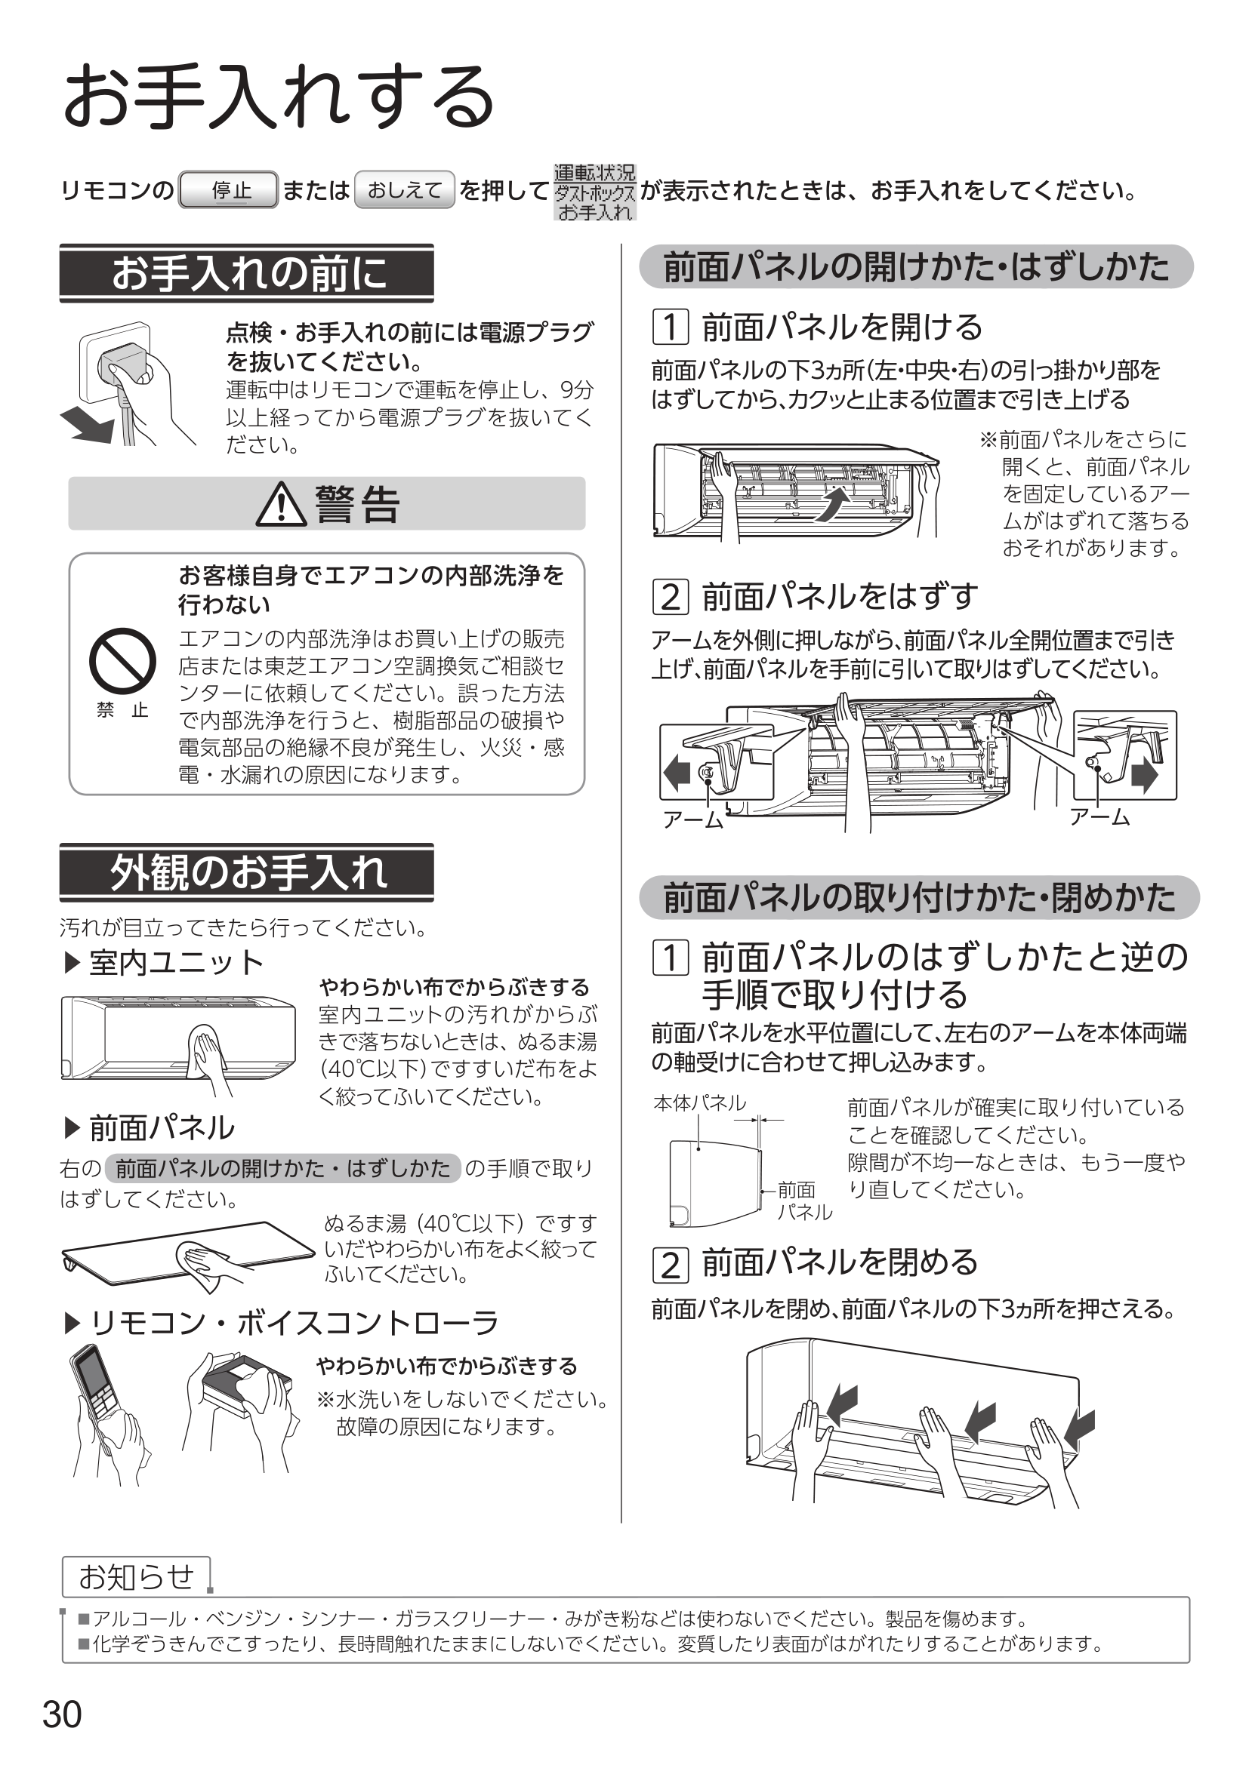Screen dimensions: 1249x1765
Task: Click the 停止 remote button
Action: coord(227,190)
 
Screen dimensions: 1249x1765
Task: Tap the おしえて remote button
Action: coord(405,190)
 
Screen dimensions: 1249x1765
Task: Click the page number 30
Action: coord(62,1714)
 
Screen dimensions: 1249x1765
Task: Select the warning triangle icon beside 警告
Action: coord(281,504)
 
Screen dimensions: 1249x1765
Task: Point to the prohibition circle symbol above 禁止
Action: coord(122,661)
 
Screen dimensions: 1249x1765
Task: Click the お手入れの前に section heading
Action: coord(247,273)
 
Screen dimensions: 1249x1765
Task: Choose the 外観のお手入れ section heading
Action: coord(247,872)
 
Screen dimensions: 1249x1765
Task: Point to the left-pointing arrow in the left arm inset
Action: coord(677,772)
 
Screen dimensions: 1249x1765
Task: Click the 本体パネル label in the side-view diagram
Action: coord(700,1103)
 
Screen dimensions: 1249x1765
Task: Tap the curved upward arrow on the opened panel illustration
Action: coord(831,503)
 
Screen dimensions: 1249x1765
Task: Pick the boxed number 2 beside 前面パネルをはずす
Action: coord(671,597)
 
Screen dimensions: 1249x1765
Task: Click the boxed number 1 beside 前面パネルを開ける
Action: coord(671,327)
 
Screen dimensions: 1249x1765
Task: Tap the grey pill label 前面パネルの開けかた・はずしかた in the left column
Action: coord(283,1168)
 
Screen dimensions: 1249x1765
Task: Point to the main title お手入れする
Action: coord(279,97)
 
